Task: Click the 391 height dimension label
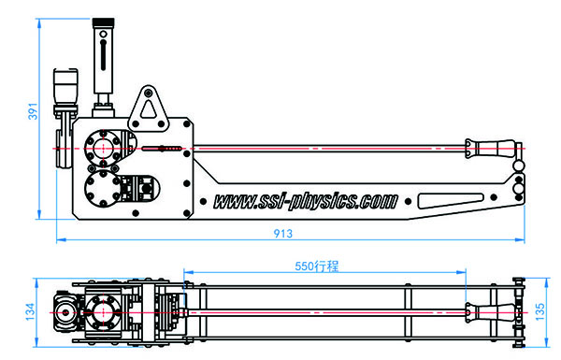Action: (x=33, y=111)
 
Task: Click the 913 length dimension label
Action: (x=283, y=234)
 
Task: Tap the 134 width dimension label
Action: (x=31, y=311)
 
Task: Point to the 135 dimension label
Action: (x=539, y=311)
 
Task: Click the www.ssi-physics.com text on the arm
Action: (x=306, y=201)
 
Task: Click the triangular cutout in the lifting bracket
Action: (x=148, y=109)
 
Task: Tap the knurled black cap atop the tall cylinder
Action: (x=104, y=22)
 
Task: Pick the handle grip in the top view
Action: (x=491, y=312)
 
